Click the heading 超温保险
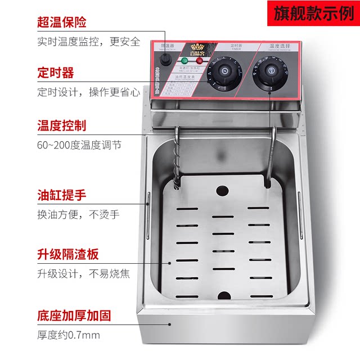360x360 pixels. pos(62,23)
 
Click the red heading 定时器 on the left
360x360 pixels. pos(56,73)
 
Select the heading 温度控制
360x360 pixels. pos(62,125)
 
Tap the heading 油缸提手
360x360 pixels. pos(62,196)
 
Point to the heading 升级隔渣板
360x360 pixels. pos(68,255)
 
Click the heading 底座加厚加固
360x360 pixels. pos(74,316)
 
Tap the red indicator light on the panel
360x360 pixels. pos(199,60)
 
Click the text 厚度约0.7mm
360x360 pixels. pos(69,336)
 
